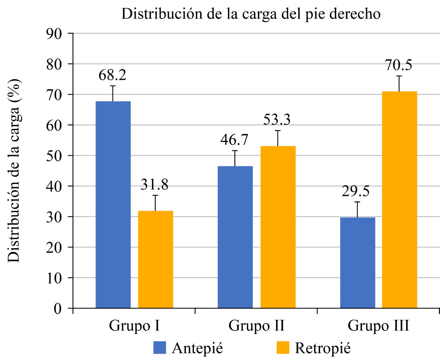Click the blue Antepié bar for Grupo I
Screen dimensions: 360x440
pos(113,205)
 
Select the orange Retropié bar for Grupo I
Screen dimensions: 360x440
pos(155,259)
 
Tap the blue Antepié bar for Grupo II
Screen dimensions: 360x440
pos(235,237)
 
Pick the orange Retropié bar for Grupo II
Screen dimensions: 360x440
pos(278,227)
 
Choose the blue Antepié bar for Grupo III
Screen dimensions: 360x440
pos(357,263)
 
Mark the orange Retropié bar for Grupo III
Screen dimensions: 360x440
pos(400,200)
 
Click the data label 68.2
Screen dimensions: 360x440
pos(112,75)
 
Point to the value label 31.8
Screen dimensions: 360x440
pos(154,185)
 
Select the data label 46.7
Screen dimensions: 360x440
pos(234,140)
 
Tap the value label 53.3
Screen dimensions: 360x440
pos(277,120)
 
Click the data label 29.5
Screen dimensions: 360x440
pos(356,192)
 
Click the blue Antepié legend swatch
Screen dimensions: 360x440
pos(159,348)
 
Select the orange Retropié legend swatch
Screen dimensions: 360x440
pos(283,348)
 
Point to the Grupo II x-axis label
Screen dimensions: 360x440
pos(256,326)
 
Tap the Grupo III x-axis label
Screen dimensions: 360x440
pos(378,326)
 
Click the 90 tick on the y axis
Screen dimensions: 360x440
pos(54,33)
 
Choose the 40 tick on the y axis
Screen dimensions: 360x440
pos(54,186)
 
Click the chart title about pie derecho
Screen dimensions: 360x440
pos(251,14)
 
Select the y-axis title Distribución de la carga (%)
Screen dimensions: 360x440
pos(14,171)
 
